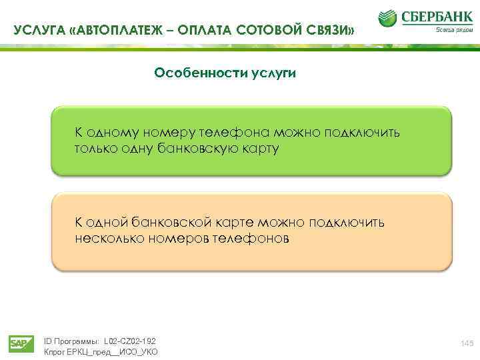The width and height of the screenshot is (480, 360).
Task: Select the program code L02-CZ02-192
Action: tap(127, 341)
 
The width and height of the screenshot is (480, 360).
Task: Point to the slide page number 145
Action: tap(465, 343)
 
